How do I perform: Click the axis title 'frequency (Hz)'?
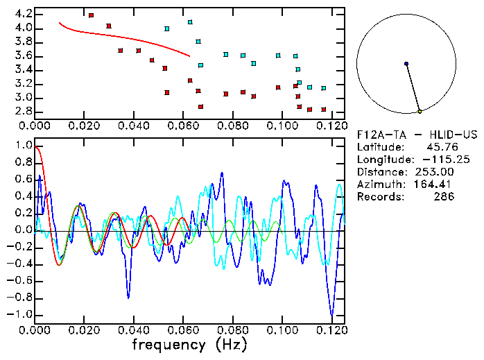(x=189, y=345)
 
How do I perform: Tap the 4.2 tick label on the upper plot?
(x=23, y=14)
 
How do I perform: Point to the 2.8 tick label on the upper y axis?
(x=23, y=111)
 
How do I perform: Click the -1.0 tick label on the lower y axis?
(x=20, y=314)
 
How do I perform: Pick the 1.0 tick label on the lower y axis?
(x=23, y=146)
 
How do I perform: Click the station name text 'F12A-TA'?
(x=379, y=135)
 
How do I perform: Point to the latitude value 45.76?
(x=438, y=147)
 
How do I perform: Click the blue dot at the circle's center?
(x=406, y=64)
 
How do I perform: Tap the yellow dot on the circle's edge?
(x=420, y=111)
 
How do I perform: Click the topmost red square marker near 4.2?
(x=91, y=15)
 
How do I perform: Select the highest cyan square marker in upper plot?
(x=190, y=22)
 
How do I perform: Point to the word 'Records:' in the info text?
(x=379, y=197)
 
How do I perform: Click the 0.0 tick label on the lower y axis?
(x=23, y=230)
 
